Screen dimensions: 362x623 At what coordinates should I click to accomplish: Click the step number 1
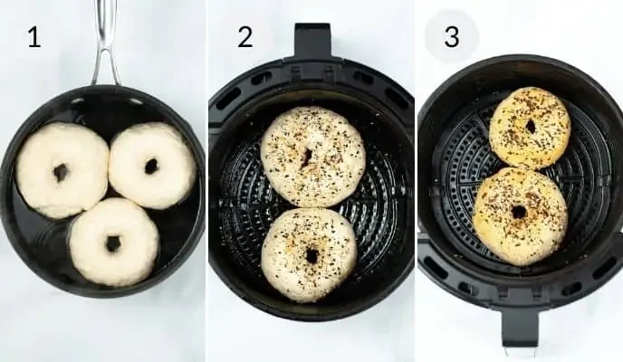34,37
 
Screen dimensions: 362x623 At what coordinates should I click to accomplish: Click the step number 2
244,37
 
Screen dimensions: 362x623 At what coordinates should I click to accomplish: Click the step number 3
451,37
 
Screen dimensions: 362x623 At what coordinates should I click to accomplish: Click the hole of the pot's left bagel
61,172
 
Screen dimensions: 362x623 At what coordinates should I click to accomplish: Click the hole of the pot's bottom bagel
113,243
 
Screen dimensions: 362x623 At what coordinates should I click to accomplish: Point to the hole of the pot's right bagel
151,167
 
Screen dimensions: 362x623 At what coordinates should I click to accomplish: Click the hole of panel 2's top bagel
307,157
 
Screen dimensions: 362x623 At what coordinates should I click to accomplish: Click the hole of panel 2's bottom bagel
311,256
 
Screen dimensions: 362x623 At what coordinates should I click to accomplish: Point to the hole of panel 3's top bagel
531,127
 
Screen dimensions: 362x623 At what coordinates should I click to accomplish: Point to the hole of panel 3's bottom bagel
519,213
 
